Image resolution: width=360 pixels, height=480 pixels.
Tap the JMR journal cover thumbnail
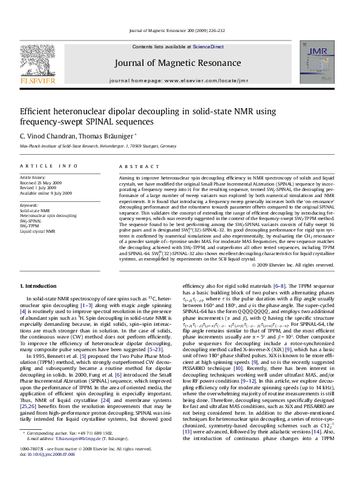click(x=324, y=65)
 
